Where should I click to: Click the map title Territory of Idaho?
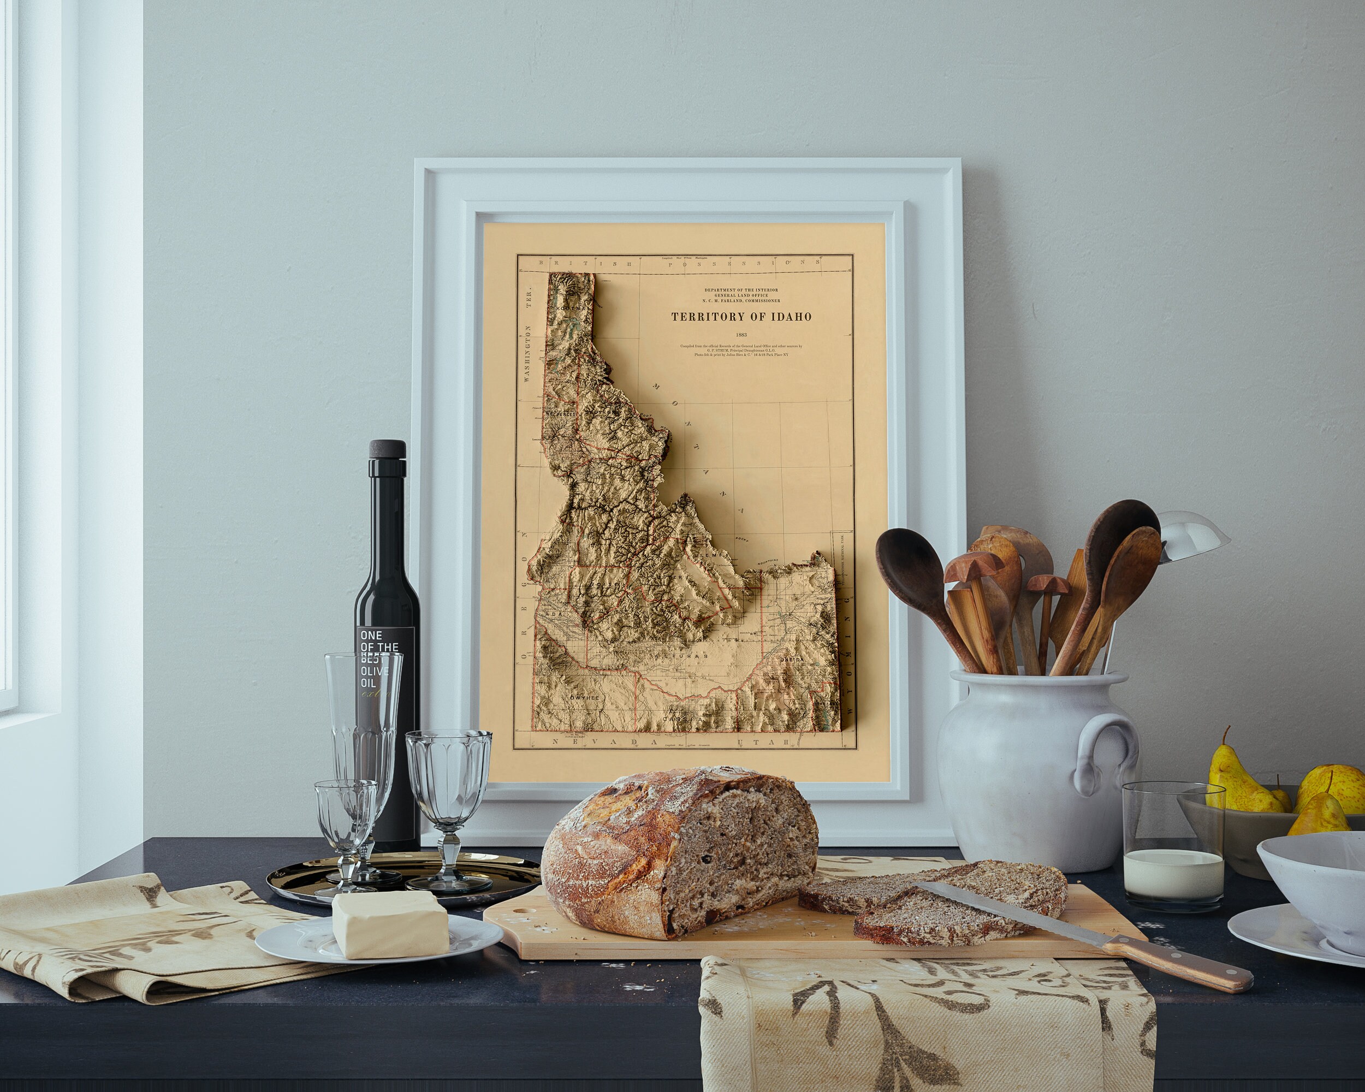(741, 317)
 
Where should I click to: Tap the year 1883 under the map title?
(741, 334)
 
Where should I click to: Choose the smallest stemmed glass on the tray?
(345, 817)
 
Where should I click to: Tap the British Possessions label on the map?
(671, 263)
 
